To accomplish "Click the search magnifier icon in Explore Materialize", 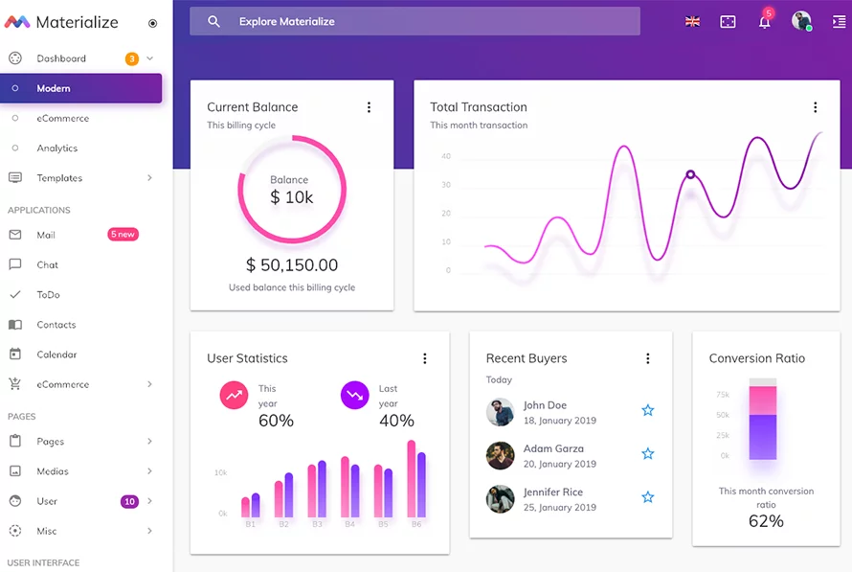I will (213, 21).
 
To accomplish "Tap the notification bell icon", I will (764, 22).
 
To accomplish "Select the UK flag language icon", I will (692, 21).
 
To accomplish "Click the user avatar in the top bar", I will (800, 21).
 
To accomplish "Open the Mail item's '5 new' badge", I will (123, 235).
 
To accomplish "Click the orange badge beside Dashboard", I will (131, 59).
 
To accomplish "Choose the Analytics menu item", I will (57, 149).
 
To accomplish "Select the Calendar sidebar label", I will (56, 355).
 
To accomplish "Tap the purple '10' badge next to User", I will (129, 501).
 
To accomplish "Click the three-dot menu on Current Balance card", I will (369, 107).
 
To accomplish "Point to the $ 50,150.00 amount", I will (292, 264).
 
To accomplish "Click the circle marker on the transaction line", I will (689, 174).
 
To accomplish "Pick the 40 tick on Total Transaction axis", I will (446, 156).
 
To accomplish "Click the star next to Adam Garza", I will (648, 453).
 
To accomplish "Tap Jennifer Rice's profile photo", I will (500, 499).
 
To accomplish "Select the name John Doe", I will (545, 405).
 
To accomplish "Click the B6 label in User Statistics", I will (416, 524).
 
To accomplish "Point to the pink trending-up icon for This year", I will (234, 395).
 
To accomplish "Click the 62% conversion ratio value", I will (766, 521).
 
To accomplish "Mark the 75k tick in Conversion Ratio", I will (723, 394).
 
